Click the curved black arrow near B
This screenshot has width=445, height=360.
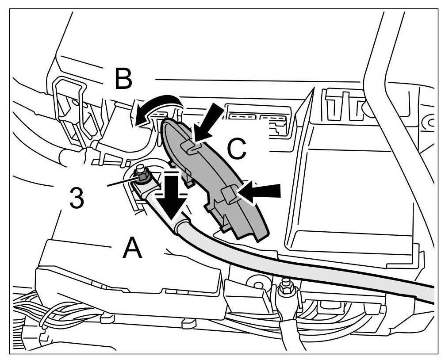coord(157,107)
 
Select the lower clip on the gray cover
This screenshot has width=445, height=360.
coord(228,195)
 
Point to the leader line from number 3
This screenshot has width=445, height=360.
coord(119,182)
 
